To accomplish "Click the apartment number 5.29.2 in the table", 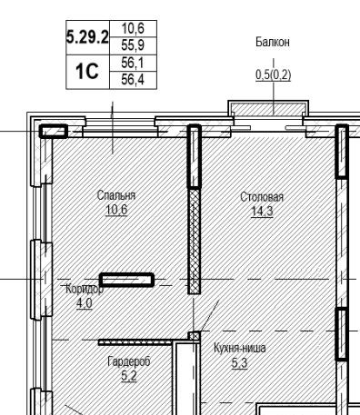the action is (87, 37).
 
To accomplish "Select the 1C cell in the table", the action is (87, 72).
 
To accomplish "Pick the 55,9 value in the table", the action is (133, 45).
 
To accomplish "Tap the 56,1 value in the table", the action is (133, 63).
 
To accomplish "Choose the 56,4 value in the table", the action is (133, 80).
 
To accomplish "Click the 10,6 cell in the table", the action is (133, 29).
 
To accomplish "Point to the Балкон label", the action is (273, 42).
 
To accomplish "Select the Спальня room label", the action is (116, 195).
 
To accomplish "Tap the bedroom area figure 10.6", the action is (116, 210).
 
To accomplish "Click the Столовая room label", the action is (262, 197).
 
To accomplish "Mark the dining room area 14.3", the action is (263, 212).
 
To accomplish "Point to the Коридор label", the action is (85, 289).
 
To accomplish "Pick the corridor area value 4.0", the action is (85, 303).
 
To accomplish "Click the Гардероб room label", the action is (129, 361).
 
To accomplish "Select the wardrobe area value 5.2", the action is (129, 376).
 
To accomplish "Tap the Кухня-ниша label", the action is (240, 348).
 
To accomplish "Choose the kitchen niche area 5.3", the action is (239, 362).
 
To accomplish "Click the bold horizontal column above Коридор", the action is (126, 280).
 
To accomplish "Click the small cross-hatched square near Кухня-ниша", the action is (195, 336).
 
